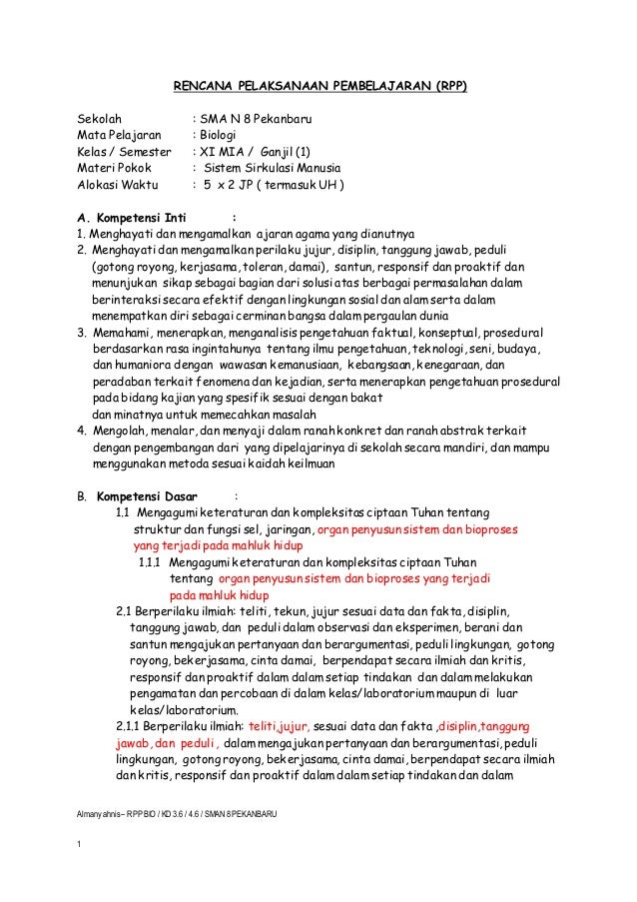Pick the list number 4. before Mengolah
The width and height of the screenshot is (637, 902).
(x=82, y=432)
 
